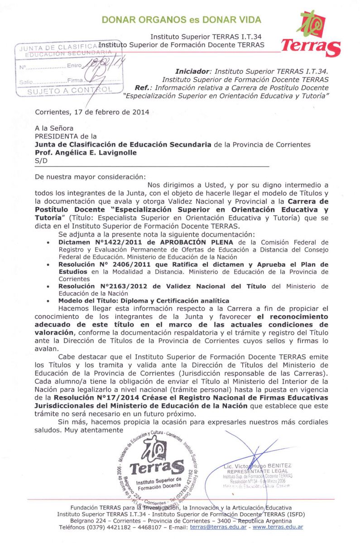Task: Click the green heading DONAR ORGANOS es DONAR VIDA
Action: (182, 19)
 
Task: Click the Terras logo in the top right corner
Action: (312, 34)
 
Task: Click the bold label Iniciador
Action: (192, 71)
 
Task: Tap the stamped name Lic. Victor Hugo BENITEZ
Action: (258, 466)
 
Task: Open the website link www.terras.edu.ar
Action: (278, 527)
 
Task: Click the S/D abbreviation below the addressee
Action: (40, 161)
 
